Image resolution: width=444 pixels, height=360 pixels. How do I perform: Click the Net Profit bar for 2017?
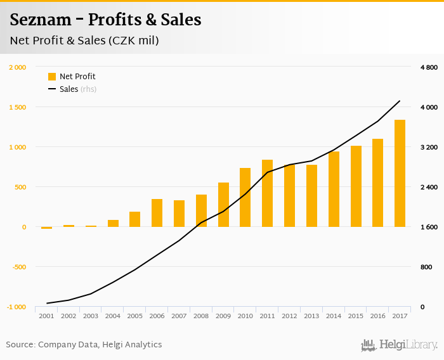pos(400,173)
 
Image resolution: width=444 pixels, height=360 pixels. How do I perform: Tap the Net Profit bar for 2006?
pos(157,213)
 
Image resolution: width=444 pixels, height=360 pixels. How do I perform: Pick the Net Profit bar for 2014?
pos(334,189)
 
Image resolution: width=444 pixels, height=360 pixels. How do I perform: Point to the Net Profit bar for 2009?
pos(223,205)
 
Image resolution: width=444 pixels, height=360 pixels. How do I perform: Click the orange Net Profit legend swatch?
pos(52,77)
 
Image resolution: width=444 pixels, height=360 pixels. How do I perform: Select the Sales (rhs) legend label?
pos(77,89)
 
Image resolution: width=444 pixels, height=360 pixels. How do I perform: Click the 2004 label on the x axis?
pos(113,316)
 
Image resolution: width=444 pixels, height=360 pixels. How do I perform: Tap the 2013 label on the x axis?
pos(311,316)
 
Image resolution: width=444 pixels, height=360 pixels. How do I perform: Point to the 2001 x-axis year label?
pos(46,316)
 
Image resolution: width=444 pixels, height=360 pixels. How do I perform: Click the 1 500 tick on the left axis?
pos(18,107)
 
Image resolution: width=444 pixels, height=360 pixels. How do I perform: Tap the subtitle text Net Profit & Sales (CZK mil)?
pos(84,41)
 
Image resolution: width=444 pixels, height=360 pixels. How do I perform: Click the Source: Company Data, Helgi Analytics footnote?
pos(84,345)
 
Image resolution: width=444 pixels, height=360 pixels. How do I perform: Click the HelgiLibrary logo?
pos(399,345)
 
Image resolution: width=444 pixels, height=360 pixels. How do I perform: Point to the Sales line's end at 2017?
pos(400,101)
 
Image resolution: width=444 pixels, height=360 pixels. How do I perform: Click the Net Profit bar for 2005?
pos(134,219)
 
